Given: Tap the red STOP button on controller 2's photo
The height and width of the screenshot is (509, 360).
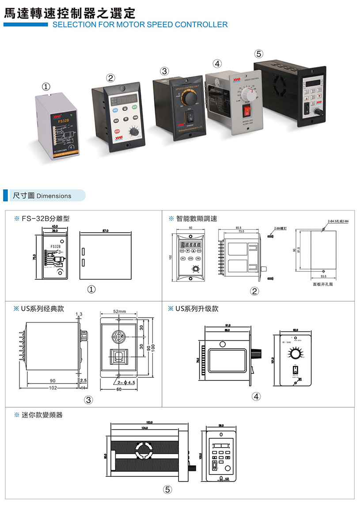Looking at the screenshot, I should click(x=117, y=131).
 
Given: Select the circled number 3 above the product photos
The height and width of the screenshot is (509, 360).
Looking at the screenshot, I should click(x=164, y=71).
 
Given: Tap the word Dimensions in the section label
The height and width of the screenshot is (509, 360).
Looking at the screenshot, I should click(x=54, y=196).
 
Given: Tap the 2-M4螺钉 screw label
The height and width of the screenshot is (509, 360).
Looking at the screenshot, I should click(x=280, y=229).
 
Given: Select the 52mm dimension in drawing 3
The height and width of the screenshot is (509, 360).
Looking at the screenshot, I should click(x=119, y=311).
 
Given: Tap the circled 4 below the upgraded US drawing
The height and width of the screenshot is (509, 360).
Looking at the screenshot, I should click(x=255, y=396).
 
